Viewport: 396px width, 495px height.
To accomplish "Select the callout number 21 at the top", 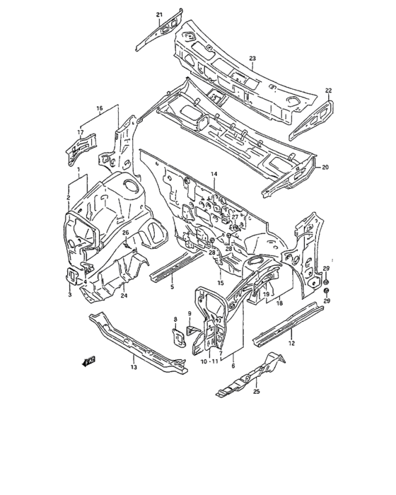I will (x=159, y=15).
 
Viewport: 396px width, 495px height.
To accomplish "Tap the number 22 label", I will (x=328, y=90).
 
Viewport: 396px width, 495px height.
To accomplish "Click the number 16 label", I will (x=100, y=108).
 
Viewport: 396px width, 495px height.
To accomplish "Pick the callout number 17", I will (x=81, y=132).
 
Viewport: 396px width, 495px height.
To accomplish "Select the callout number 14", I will (x=214, y=174).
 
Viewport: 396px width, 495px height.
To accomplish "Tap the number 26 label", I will (x=125, y=233).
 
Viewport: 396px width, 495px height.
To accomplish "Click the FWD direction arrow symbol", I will (x=88, y=362).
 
